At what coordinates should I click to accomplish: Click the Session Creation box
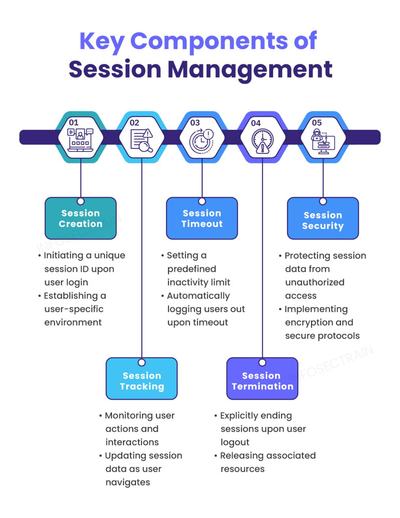pyautogui.click(x=80, y=218)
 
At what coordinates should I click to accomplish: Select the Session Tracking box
pyautogui.click(x=142, y=378)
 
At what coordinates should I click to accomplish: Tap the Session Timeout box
pyautogui.click(x=202, y=218)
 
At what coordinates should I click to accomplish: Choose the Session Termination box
pyautogui.click(x=262, y=378)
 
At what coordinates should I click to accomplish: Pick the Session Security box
pyautogui.click(x=323, y=218)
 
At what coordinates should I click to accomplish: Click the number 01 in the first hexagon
pyautogui.click(x=74, y=123)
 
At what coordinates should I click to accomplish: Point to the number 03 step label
pyautogui.click(x=195, y=123)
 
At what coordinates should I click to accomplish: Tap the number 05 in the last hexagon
pyautogui.click(x=317, y=123)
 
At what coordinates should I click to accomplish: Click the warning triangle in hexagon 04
pyautogui.click(x=262, y=148)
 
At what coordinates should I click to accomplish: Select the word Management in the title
pyautogui.click(x=250, y=70)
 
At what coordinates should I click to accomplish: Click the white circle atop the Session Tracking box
pyautogui.click(x=142, y=363)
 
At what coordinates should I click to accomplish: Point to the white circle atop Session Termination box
pyautogui.click(x=262, y=363)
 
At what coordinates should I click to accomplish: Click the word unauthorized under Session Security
pyautogui.click(x=315, y=282)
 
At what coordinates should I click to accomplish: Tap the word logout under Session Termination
pyautogui.click(x=235, y=442)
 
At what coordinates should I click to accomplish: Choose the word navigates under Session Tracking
pyautogui.click(x=128, y=482)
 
